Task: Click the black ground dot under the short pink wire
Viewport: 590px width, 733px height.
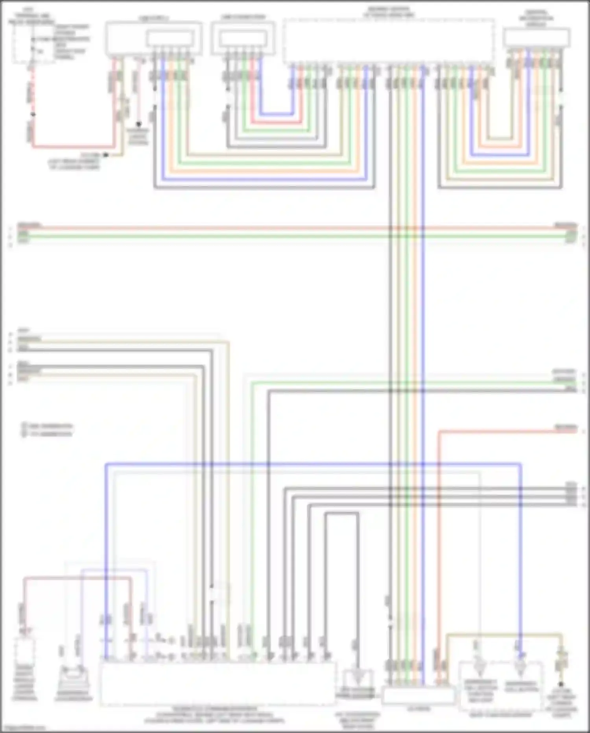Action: coord(138,124)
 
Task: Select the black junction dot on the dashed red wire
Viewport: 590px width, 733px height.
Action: coord(33,115)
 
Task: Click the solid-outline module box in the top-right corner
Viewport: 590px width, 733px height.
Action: coord(537,38)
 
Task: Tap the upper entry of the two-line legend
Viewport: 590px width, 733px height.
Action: coord(47,426)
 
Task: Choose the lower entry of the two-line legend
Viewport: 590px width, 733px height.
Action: coord(47,434)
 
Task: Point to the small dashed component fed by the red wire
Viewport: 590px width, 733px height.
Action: coord(24,652)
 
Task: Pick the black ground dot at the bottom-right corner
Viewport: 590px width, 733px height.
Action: coord(561,685)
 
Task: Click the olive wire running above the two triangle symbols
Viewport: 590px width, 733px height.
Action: coord(503,635)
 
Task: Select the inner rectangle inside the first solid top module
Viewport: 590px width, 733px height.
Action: coord(170,39)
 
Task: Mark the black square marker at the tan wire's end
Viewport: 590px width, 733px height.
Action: coord(105,155)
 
